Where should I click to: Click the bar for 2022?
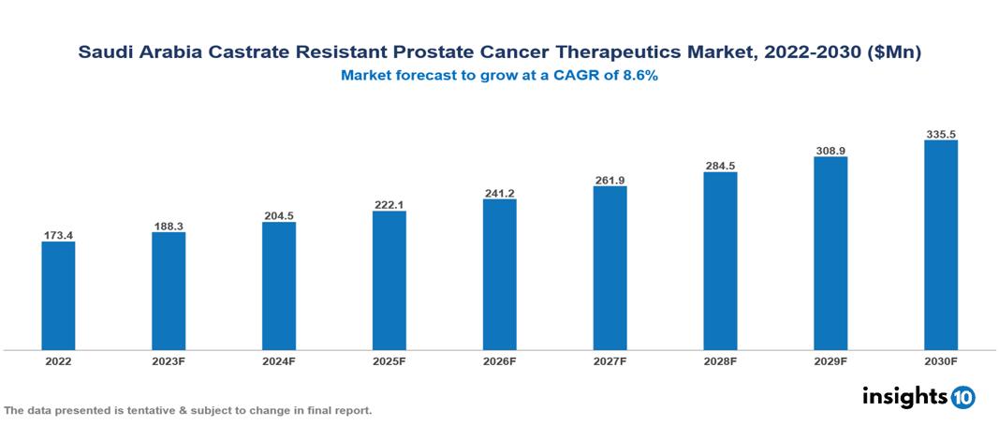[58, 296]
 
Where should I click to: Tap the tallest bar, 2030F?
[941, 245]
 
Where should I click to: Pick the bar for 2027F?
[610, 268]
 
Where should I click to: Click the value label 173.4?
[58, 235]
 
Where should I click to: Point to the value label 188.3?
[169, 226]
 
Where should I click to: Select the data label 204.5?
[279, 215]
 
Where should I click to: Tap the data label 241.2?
[500, 193]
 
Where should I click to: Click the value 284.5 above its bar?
[720, 166]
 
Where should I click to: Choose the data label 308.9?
[830, 150]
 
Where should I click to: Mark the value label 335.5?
[941, 134]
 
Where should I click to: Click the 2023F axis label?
[169, 360]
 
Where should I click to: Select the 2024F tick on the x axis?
[279, 360]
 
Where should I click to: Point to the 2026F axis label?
[500, 360]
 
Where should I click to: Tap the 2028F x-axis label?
[720, 360]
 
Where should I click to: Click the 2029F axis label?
[830, 360]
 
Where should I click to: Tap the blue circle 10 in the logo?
[962, 397]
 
